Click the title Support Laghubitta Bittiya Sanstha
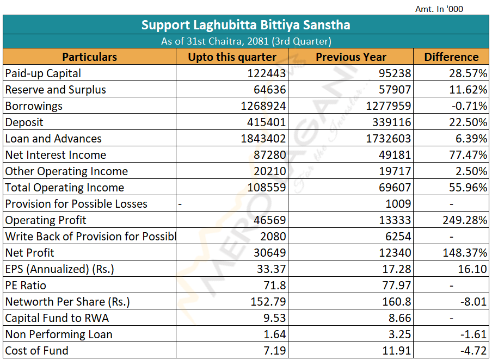[x=246, y=25]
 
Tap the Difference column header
[x=451, y=57]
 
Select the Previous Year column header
[x=351, y=57]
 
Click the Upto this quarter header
[x=232, y=57]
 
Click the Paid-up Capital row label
[x=43, y=73]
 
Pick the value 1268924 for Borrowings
[x=263, y=106]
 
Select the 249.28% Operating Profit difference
[x=465, y=220]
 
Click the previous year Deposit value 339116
[x=391, y=122]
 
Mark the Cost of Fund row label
[x=37, y=351]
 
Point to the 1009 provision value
[x=399, y=204]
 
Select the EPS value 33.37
[x=271, y=269]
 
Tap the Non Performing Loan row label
[x=59, y=334]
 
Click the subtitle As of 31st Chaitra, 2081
[x=246, y=41]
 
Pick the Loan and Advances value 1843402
[x=263, y=139]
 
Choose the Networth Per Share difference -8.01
[x=472, y=302]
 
